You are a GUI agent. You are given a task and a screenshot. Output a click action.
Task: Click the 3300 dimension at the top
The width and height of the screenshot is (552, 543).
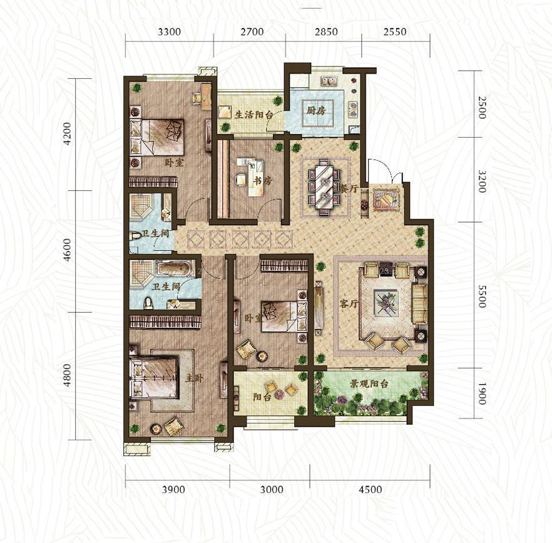[170, 32]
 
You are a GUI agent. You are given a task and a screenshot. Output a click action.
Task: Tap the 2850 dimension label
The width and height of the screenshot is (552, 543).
[326, 32]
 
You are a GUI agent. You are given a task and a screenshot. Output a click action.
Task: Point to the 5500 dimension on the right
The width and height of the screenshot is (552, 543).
[482, 296]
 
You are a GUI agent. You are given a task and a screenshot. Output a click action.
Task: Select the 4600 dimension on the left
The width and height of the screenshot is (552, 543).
[67, 250]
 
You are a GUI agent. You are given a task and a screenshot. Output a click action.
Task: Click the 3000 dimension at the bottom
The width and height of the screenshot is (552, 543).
[272, 489]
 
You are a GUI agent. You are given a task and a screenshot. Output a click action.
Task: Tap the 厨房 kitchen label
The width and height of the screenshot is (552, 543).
[316, 111]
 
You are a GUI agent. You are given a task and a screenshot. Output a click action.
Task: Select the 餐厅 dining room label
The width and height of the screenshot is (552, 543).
[349, 189]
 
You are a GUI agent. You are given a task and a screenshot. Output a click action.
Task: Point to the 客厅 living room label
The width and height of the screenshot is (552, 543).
[349, 303]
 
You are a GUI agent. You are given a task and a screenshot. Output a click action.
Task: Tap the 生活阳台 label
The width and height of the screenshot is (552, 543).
[254, 114]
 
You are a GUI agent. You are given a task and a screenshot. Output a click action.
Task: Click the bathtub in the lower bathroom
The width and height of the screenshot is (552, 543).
[175, 269]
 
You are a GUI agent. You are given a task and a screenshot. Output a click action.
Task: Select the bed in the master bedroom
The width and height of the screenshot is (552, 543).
[153, 378]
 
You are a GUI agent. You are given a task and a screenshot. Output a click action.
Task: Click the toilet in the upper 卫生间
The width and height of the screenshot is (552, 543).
[135, 235]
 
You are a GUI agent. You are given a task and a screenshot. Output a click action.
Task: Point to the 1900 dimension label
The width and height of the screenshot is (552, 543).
[482, 393]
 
